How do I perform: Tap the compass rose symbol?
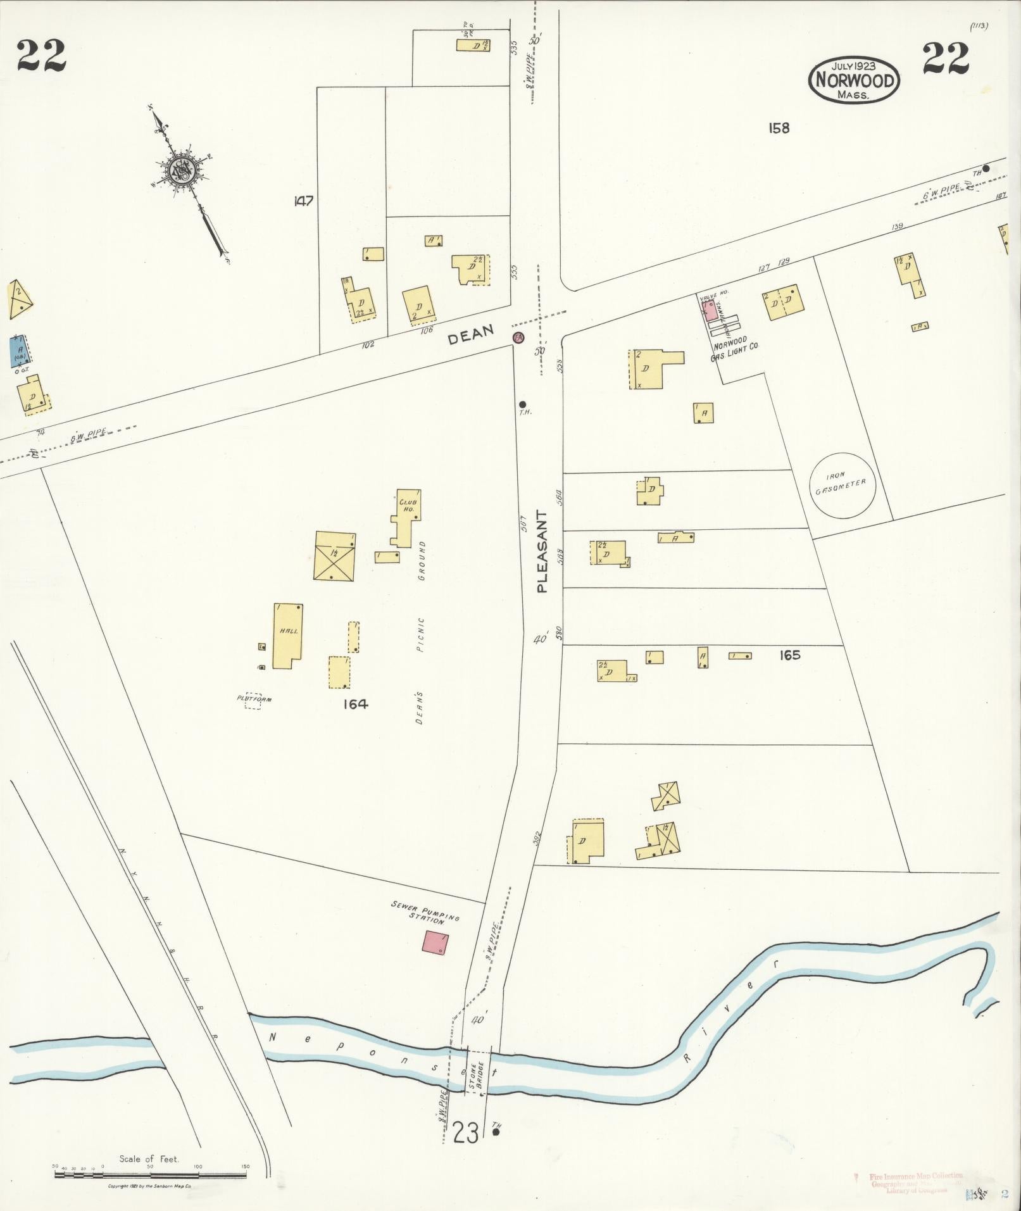(x=180, y=170)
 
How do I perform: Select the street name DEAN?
(x=470, y=339)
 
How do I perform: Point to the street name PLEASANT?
(x=542, y=551)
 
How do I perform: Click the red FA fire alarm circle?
(x=518, y=337)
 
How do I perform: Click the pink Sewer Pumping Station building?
(x=436, y=941)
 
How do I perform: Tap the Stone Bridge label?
(x=476, y=1074)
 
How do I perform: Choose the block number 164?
(x=356, y=704)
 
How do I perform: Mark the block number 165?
(x=789, y=655)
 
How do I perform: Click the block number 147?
(x=304, y=201)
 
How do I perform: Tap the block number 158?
(x=779, y=128)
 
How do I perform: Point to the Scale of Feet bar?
(x=150, y=1175)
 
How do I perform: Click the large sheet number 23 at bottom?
(x=466, y=1133)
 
